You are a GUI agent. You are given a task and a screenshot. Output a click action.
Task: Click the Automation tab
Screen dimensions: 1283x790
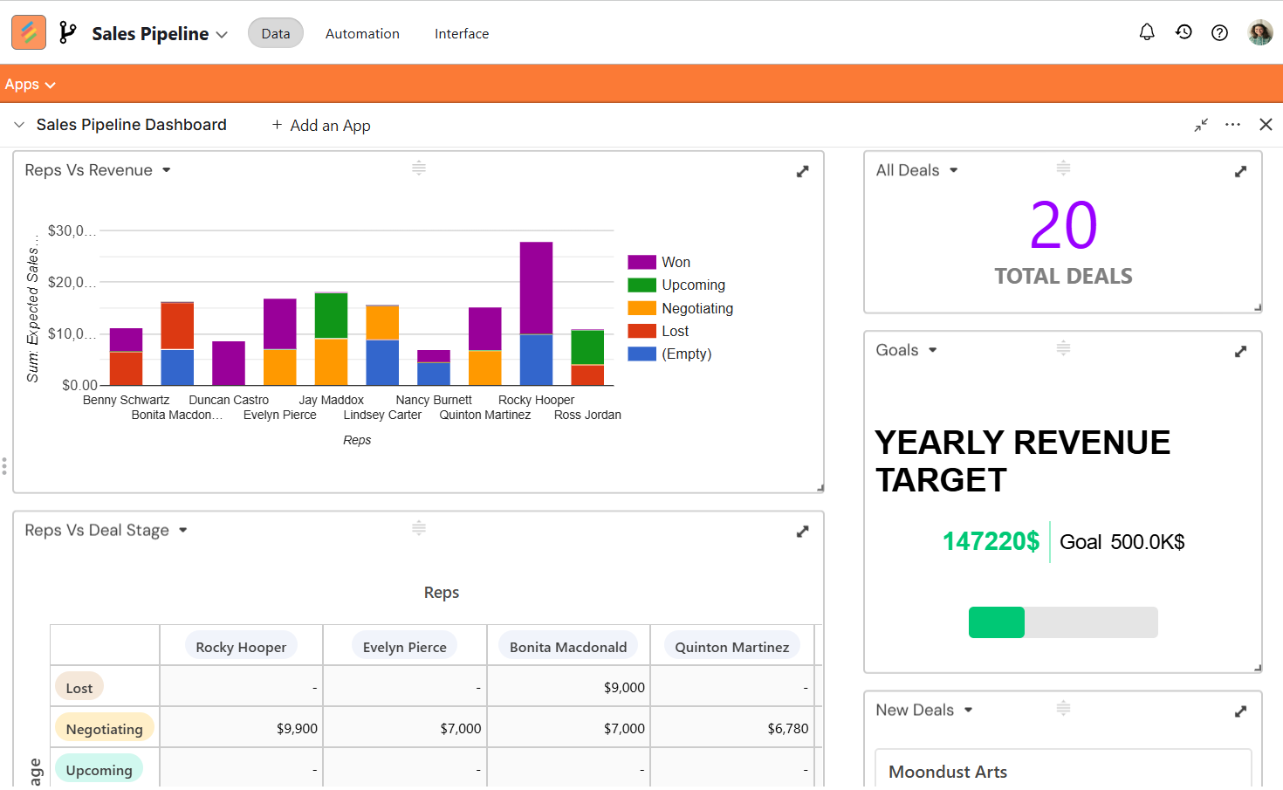tap(362, 34)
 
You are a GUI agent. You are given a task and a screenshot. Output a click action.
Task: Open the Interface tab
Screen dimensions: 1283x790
tap(461, 34)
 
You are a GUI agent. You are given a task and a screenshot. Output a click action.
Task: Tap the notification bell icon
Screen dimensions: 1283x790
tap(1147, 32)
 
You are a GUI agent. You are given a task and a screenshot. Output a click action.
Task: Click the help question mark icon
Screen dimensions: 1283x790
tap(1219, 32)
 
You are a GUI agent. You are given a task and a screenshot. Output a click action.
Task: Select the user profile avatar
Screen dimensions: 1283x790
tap(1260, 32)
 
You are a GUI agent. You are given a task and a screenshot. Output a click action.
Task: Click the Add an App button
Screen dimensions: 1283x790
tap(321, 125)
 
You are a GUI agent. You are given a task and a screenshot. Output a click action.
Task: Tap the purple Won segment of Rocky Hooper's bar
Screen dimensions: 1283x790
tap(536, 287)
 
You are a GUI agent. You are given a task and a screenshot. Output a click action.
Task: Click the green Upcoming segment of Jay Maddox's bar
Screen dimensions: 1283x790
tap(331, 315)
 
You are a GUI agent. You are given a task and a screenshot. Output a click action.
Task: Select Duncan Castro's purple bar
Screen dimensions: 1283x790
tap(229, 363)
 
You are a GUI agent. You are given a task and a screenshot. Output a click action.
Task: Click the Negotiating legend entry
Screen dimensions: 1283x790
tap(681, 308)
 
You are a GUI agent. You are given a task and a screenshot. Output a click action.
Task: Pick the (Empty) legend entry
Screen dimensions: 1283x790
tap(669, 354)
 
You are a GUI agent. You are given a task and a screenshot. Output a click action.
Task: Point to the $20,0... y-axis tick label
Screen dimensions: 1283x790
tap(72, 282)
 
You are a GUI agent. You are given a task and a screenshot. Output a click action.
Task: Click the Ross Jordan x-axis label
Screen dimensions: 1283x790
tap(587, 415)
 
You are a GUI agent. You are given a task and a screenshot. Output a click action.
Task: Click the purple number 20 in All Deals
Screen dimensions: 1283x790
tap(1064, 225)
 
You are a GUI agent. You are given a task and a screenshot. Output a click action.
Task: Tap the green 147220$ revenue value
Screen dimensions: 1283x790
tap(991, 541)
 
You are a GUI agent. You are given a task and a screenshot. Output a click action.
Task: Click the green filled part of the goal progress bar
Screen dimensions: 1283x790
tap(997, 622)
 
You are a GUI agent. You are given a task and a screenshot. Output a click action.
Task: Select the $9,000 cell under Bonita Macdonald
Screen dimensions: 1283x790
tap(624, 688)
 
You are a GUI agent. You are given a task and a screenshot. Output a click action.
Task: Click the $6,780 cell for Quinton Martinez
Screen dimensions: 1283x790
tap(788, 729)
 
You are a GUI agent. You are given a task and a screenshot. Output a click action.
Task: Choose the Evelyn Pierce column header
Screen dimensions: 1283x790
tap(404, 647)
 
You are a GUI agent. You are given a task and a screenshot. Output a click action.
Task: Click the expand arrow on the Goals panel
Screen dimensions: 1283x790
tap(1240, 351)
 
